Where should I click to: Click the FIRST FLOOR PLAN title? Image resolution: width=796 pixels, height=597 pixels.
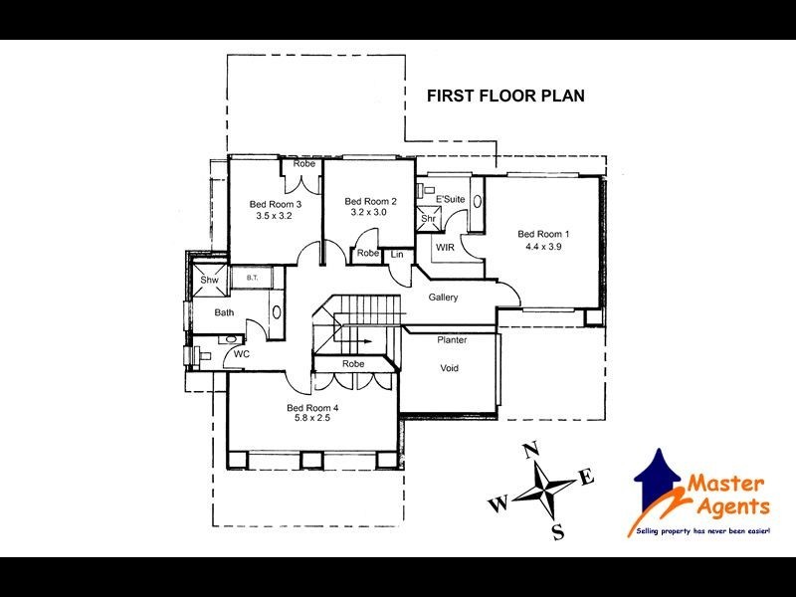click(x=504, y=97)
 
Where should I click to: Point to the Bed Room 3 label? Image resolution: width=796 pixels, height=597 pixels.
click(x=276, y=204)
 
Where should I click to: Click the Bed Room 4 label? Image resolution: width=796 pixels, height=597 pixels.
click(x=313, y=408)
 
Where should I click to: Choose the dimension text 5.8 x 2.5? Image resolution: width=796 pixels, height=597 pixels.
click(x=313, y=419)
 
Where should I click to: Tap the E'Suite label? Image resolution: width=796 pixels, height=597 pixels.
click(x=451, y=199)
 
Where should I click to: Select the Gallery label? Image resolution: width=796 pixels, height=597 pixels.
click(x=443, y=298)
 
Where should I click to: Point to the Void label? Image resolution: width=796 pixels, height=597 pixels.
click(x=450, y=367)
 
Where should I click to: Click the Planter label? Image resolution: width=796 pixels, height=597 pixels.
click(x=452, y=340)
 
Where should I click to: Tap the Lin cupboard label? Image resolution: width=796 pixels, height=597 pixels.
click(x=397, y=255)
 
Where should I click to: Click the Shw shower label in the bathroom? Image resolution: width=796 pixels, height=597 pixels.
click(x=209, y=281)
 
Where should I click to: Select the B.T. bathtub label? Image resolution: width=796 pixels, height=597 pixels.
click(x=253, y=280)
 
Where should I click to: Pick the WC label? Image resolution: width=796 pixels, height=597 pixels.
click(x=241, y=353)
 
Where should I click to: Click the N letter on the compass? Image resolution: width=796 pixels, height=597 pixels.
click(x=530, y=448)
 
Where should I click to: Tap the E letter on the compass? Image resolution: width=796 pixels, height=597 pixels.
click(x=587, y=479)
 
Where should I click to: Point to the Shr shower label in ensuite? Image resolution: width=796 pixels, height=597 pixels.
click(x=429, y=219)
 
